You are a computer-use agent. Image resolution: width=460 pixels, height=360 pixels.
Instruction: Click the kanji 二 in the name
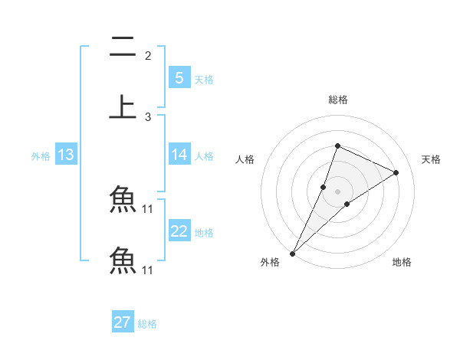[x=123, y=47]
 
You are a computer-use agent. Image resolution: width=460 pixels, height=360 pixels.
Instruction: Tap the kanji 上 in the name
[x=123, y=106]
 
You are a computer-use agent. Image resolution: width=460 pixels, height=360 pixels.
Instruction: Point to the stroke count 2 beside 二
[x=148, y=55]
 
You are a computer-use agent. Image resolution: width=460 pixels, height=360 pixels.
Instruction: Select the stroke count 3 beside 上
[x=148, y=116]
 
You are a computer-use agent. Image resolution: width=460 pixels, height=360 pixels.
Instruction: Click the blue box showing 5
[x=179, y=77]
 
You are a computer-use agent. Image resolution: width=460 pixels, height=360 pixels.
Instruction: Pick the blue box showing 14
[x=179, y=154]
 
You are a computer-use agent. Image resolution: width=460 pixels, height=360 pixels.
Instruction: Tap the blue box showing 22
[x=179, y=231]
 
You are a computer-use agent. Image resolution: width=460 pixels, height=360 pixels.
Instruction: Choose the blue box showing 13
[x=65, y=155]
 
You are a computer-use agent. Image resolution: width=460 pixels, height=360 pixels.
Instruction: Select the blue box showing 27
[x=122, y=322]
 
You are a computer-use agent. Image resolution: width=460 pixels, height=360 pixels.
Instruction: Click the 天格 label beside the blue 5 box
[x=204, y=79]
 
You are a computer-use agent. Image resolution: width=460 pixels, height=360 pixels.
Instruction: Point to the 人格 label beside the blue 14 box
[x=204, y=155]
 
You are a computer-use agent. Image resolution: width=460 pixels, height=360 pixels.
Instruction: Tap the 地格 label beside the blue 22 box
[x=204, y=233]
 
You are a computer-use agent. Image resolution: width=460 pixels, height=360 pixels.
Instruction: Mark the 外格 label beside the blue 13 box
[x=41, y=156]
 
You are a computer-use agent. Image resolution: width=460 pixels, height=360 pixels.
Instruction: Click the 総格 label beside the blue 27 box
[x=147, y=324]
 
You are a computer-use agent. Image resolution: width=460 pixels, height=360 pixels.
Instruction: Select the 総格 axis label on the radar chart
[x=338, y=100]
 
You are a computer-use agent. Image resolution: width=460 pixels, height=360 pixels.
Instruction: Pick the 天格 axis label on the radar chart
[x=431, y=159]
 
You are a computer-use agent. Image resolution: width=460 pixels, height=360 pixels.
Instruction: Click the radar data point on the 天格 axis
[x=396, y=172]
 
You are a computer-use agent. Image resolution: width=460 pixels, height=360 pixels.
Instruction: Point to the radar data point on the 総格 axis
[x=337, y=146]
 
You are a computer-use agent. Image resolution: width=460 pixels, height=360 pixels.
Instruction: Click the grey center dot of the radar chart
[x=337, y=191]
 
